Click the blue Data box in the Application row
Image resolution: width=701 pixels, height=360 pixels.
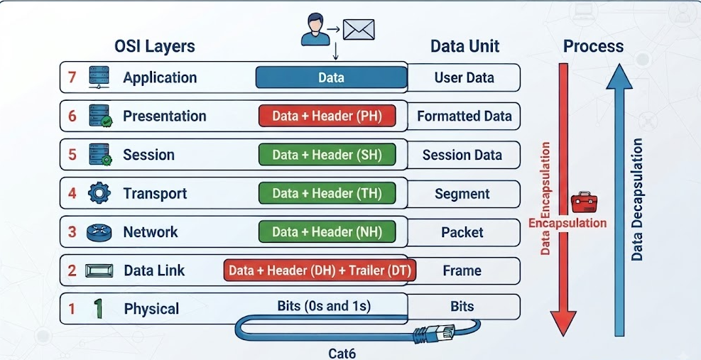(331, 77)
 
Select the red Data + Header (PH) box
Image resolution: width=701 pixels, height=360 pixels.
(327, 116)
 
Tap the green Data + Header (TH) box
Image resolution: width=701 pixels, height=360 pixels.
(327, 193)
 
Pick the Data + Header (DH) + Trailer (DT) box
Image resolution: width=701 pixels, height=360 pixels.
(320, 270)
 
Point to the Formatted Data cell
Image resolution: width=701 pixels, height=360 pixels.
(464, 116)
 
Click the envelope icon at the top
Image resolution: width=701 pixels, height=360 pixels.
(359, 30)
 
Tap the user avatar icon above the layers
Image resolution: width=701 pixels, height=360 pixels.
(315, 29)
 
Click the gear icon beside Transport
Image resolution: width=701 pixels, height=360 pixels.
(99, 193)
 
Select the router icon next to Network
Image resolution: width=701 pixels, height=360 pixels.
(99, 232)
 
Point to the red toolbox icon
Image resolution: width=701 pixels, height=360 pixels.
(584, 202)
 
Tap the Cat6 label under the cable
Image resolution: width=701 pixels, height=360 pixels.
(342, 354)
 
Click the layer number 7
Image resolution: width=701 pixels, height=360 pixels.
(72, 77)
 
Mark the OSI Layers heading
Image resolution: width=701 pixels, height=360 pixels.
(155, 46)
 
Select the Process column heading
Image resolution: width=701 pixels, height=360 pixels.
(593, 46)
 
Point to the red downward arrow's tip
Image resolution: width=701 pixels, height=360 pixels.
(563, 335)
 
